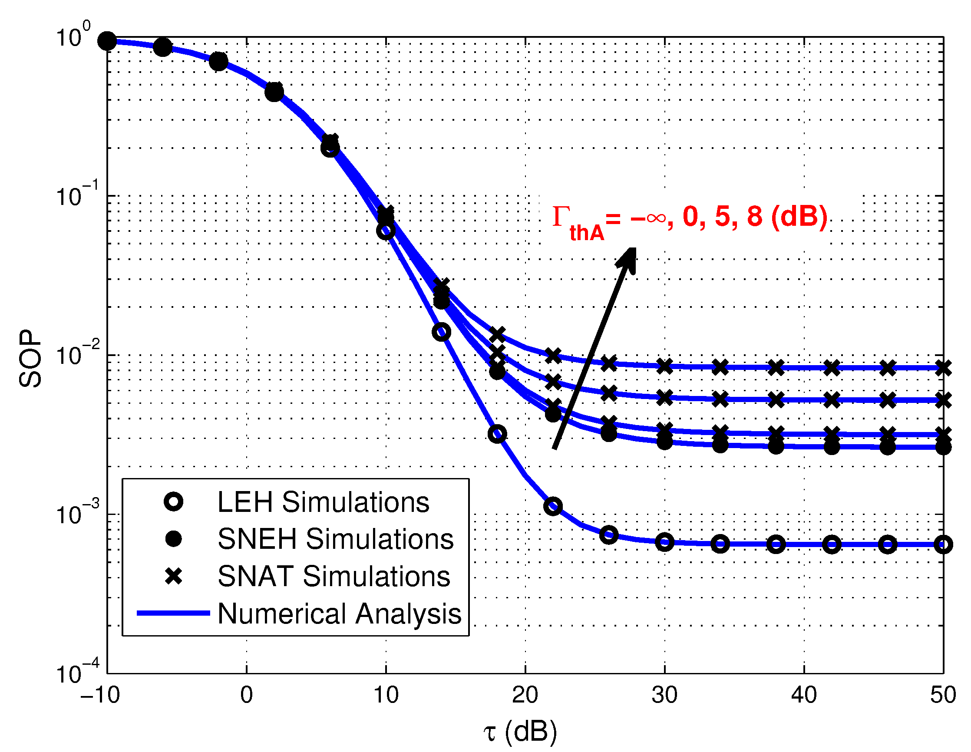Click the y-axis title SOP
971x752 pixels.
tap(30, 358)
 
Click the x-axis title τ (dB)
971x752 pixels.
tap(520, 731)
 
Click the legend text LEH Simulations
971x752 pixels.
tap(323, 502)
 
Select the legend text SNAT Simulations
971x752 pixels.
tap(334, 577)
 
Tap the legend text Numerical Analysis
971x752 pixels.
tap(339, 614)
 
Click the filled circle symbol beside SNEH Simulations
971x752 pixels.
tap(173, 539)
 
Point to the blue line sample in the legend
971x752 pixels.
tap(173, 613)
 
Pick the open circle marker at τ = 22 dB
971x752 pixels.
tap(553, 506)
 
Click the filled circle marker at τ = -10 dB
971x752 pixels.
tap(107, 41)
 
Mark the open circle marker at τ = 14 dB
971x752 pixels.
tap(441, 332)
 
